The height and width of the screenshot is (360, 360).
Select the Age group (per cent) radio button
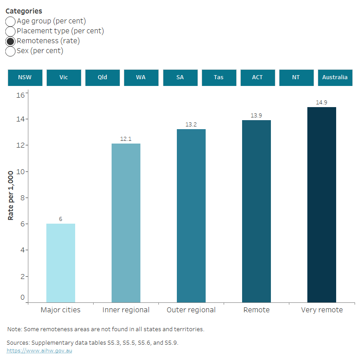(10, 21)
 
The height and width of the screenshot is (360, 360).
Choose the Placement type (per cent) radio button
(10, 31)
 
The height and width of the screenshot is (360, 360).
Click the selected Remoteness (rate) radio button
(10, 41)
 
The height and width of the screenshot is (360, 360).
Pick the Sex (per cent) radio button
(10, 51)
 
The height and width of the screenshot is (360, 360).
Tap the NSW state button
(25, 77)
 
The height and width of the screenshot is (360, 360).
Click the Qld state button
(103, 77)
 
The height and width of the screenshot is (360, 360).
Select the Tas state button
(219, 77)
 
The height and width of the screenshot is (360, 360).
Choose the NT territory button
(296, 77)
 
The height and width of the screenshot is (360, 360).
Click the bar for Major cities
(61, 263)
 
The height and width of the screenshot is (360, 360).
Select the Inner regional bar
(126, 223)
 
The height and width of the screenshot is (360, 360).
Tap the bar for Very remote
(322, 204)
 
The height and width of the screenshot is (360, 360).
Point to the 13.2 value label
(191, 124)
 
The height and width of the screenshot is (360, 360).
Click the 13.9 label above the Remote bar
(256, 116)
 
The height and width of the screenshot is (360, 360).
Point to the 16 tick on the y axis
(21, 95)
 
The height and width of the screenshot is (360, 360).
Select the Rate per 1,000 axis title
(10, 195)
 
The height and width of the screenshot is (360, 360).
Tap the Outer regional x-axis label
(191, 310)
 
